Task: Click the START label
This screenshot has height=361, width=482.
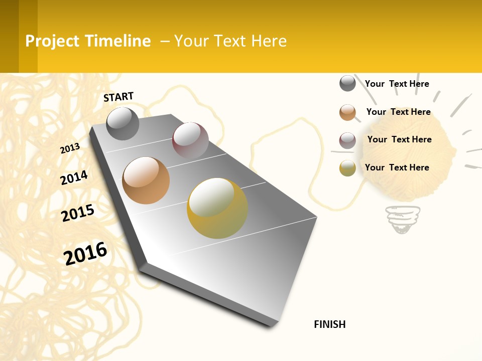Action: [x=118, y=97]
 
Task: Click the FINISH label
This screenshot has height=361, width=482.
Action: [x=329, y=324]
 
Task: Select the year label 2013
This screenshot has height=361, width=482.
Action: [x=70, y=148]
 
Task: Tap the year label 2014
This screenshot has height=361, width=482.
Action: [x=74, y=177]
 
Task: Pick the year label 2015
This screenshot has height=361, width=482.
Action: [x=78, y=213]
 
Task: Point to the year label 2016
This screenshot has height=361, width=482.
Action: [x=85, y=253]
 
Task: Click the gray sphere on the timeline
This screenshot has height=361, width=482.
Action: [x=123, y=123]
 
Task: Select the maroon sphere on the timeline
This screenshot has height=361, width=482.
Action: [x=190, y=140]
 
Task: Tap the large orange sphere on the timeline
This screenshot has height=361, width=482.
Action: [x=146, y=180]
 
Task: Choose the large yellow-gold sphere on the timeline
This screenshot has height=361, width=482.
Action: [x=217, y=208]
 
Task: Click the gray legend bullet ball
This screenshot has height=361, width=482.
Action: [x=347, y=83]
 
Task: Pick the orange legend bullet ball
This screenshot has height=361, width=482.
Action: [x=347, y=112]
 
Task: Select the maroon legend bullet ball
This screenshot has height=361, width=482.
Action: [x=347, y=140]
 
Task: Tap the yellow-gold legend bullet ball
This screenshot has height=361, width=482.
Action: [x=347, y=168]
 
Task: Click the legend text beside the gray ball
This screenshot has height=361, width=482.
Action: [x=397, y=84]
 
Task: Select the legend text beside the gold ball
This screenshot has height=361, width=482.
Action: [x=397, y=167]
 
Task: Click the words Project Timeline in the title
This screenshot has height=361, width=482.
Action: [x=88, y=41]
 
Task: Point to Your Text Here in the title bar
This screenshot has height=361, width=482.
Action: [x=230, y=41]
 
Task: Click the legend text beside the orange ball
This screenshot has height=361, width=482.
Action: [x=398, y=112]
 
